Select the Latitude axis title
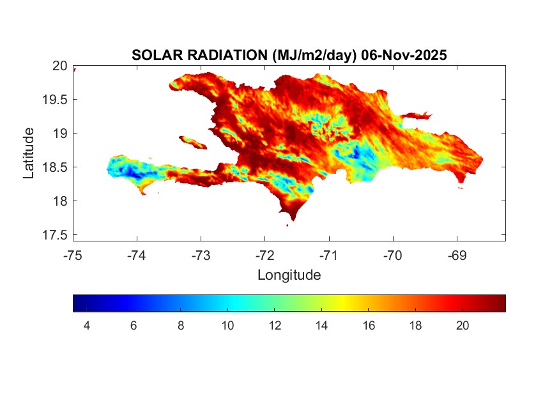(x=29, y=153)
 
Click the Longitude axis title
(x=289, y=275)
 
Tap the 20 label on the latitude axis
(x=59, y=66)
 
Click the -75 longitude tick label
(x=73, y=255)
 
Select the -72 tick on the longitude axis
(x=264, y=255)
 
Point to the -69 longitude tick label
(x=457, y=255)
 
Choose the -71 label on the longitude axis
(x=328, y=255)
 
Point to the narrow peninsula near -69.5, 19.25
(x=419, y=116)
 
